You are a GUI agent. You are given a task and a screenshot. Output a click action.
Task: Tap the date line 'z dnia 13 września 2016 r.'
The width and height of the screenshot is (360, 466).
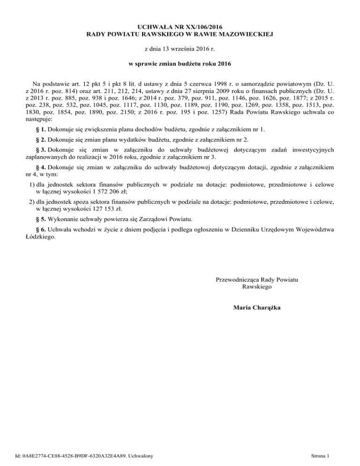[x=180, y=49]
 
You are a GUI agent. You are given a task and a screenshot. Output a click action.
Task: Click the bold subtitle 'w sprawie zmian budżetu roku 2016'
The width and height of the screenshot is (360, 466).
[x=180, y=63]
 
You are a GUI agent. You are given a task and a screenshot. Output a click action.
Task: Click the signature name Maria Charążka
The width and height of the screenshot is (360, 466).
[x=257, y=308]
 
